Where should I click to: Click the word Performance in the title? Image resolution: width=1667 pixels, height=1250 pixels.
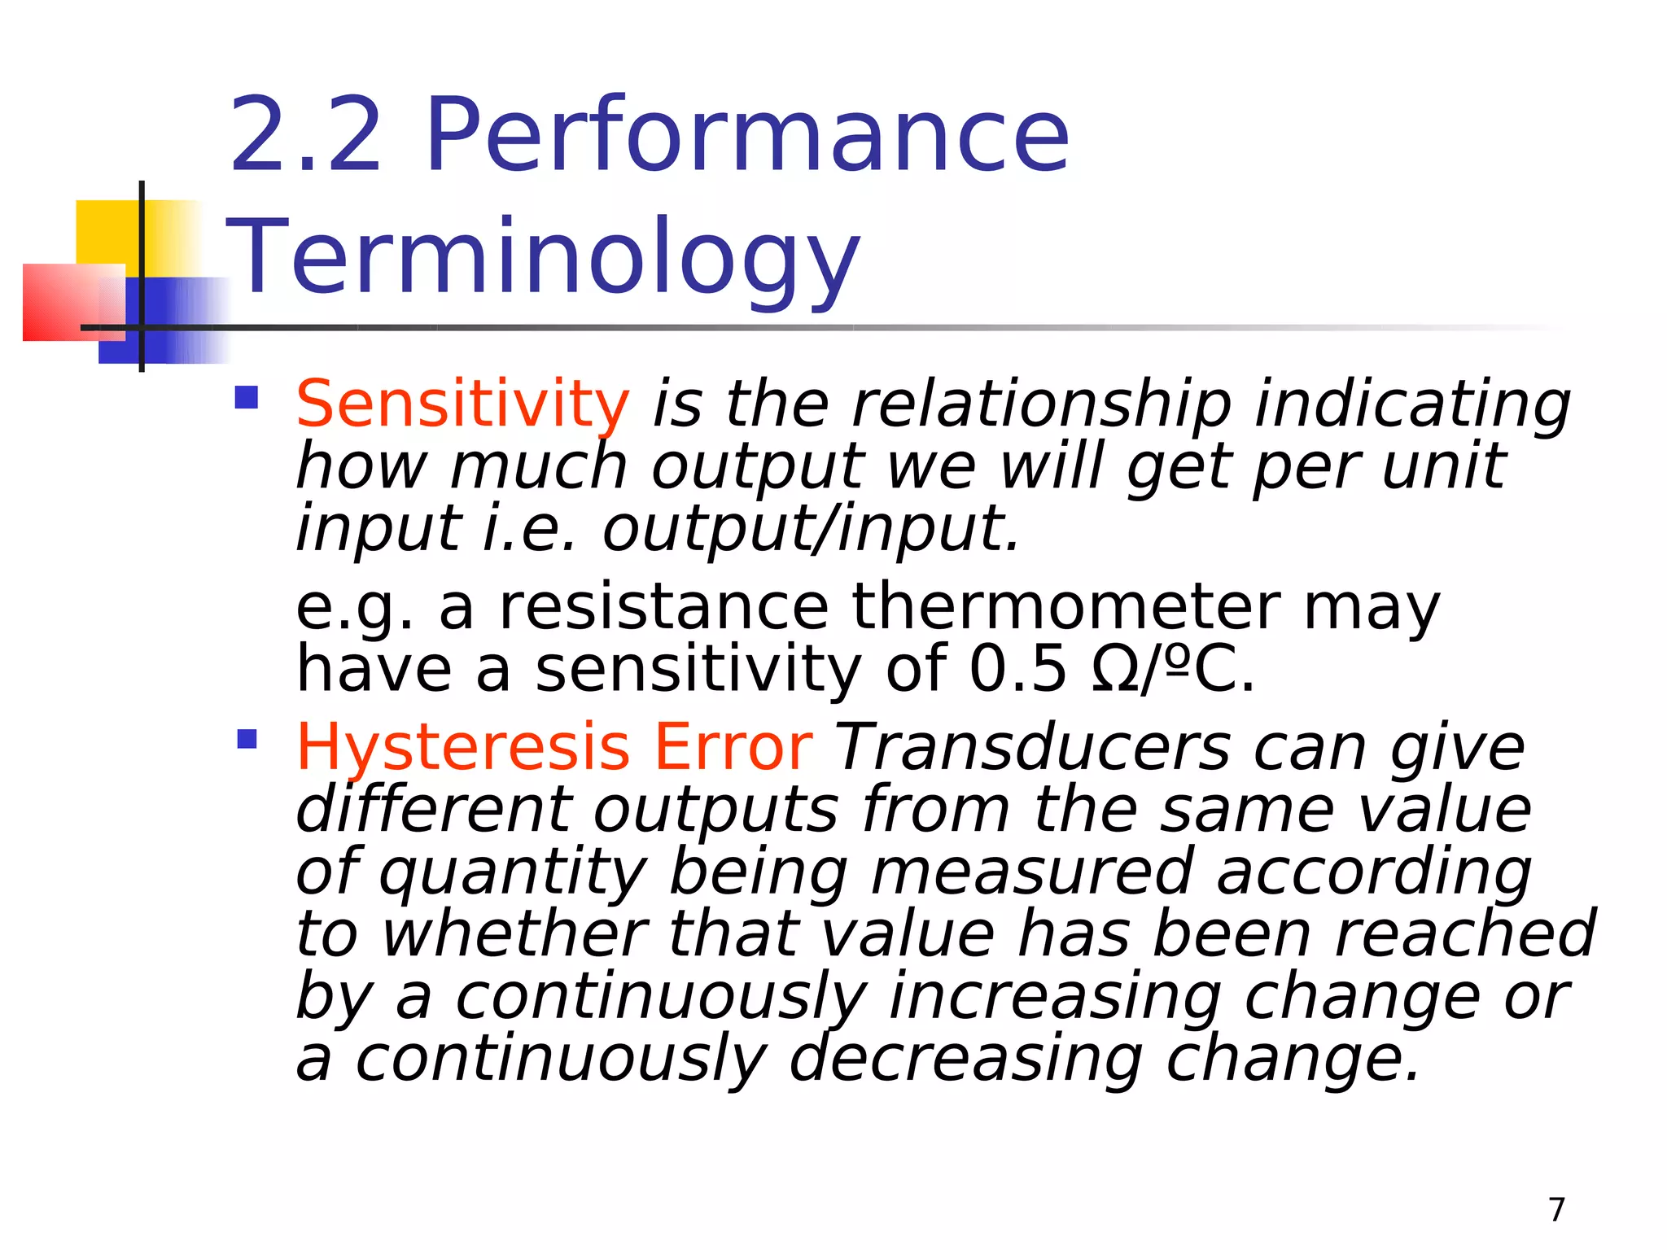pyautogui.click(x=747, y=135)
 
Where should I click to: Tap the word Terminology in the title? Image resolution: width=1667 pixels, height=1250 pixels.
pyautogui.click(x=543, y=256)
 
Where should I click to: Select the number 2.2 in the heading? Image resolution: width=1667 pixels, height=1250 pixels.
pyautogui.click(x=305, y=135)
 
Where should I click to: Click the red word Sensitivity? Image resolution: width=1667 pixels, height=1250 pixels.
pyautogui.click(x=462, y=404)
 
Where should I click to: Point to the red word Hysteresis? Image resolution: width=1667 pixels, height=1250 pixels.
pyautogui.click(x=462, y=747)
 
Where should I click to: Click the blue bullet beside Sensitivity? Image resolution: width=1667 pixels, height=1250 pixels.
pyautogui.click(x=246, y=397)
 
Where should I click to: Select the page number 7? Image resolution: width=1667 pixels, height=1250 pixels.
pyautogui.click(x=1556, y=1209)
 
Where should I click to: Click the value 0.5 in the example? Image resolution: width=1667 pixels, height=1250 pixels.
pyautogui.click(x=1017, y=670)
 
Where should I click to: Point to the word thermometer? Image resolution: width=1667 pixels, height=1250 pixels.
pyautogui.click(x=1065, y=607)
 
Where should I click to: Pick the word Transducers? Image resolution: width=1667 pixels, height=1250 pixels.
pyautogui.click(x=1033, y=747)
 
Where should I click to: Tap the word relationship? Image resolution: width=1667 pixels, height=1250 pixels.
pyautogui.click(x=1041, y=404)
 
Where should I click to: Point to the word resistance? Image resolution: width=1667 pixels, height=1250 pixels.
pyautogui.click(x=663, y=607)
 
